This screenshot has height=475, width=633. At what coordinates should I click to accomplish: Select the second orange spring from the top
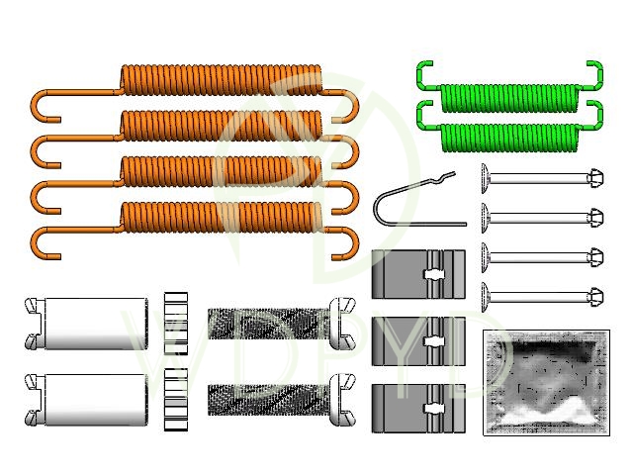point(223,124)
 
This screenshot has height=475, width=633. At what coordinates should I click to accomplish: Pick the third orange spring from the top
point(223,169)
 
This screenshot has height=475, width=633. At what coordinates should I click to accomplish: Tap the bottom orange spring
point(223,215)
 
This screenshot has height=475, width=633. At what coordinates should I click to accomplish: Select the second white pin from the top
point(539,216)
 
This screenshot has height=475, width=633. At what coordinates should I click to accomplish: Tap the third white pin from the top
point(539,254)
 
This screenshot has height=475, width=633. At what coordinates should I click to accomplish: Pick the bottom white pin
point(539,293)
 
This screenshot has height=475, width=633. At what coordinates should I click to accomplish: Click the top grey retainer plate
point(417,274)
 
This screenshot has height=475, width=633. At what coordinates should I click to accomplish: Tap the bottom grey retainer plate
point(417,408)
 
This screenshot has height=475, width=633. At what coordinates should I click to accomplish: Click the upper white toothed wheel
point(175,322)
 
